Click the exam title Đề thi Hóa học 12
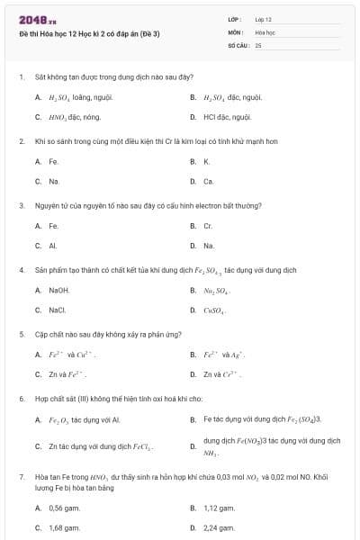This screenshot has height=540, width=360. (89, 33)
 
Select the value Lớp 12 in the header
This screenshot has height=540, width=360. (263, 19)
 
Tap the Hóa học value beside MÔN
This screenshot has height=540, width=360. (264, 31)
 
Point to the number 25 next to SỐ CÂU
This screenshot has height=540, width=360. (258, 44)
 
